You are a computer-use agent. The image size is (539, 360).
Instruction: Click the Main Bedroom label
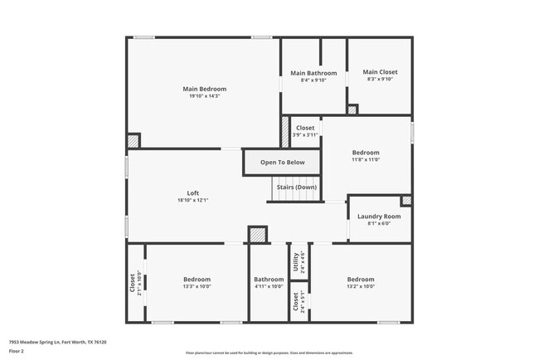coord(204,89)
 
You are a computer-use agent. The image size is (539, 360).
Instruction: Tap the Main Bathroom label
coord(313,73)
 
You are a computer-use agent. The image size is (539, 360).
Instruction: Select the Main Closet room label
coord(380,72)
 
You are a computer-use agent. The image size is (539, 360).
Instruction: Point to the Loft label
coord(192,192)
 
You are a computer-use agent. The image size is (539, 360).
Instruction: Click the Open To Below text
coord(282,163)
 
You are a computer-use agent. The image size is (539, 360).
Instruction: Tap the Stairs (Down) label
coord(294,187)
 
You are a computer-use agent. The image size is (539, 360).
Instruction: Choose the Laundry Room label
coord(379,216)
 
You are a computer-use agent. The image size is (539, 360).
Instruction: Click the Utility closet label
coord(295,261)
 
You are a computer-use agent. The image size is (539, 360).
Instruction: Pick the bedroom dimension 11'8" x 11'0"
coord(366,160)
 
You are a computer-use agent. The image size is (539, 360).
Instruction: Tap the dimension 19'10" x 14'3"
coord(204,97)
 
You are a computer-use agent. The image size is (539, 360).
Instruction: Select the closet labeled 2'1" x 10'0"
coord(134,283)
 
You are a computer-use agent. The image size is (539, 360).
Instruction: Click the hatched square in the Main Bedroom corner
coord(134,141)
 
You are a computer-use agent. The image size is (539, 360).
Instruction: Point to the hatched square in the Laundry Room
coord(405,201)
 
